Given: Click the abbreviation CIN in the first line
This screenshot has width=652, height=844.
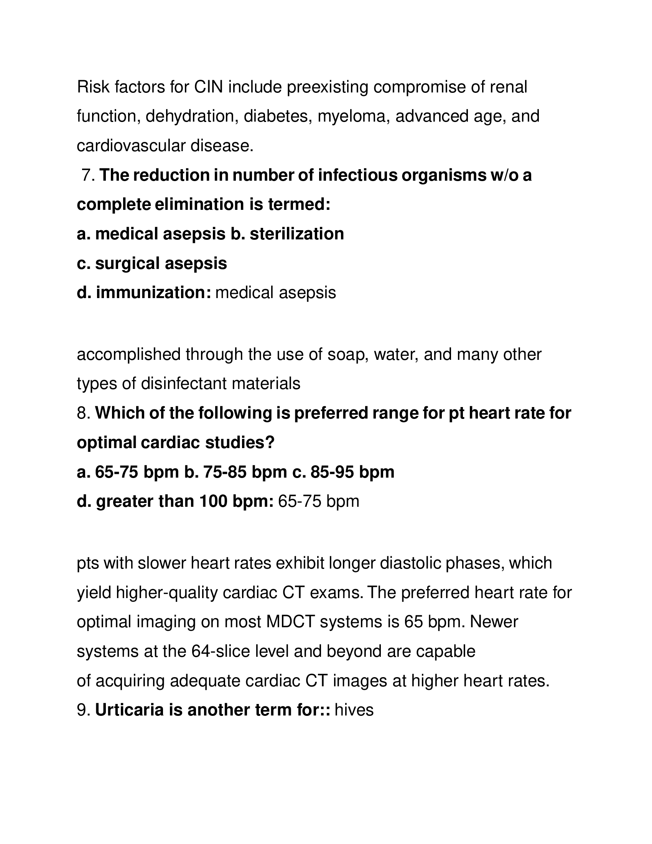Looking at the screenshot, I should [x=208, y=87].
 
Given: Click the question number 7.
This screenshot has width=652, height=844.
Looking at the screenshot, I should [x=88, y=175].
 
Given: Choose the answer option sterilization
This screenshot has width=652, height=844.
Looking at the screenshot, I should [x=296, y=234].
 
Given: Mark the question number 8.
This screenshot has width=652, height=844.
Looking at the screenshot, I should [x=83, y=413].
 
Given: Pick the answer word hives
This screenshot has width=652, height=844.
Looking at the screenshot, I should [x=354, y=710].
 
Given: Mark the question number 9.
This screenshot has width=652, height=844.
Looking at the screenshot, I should [x=83, y=710].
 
